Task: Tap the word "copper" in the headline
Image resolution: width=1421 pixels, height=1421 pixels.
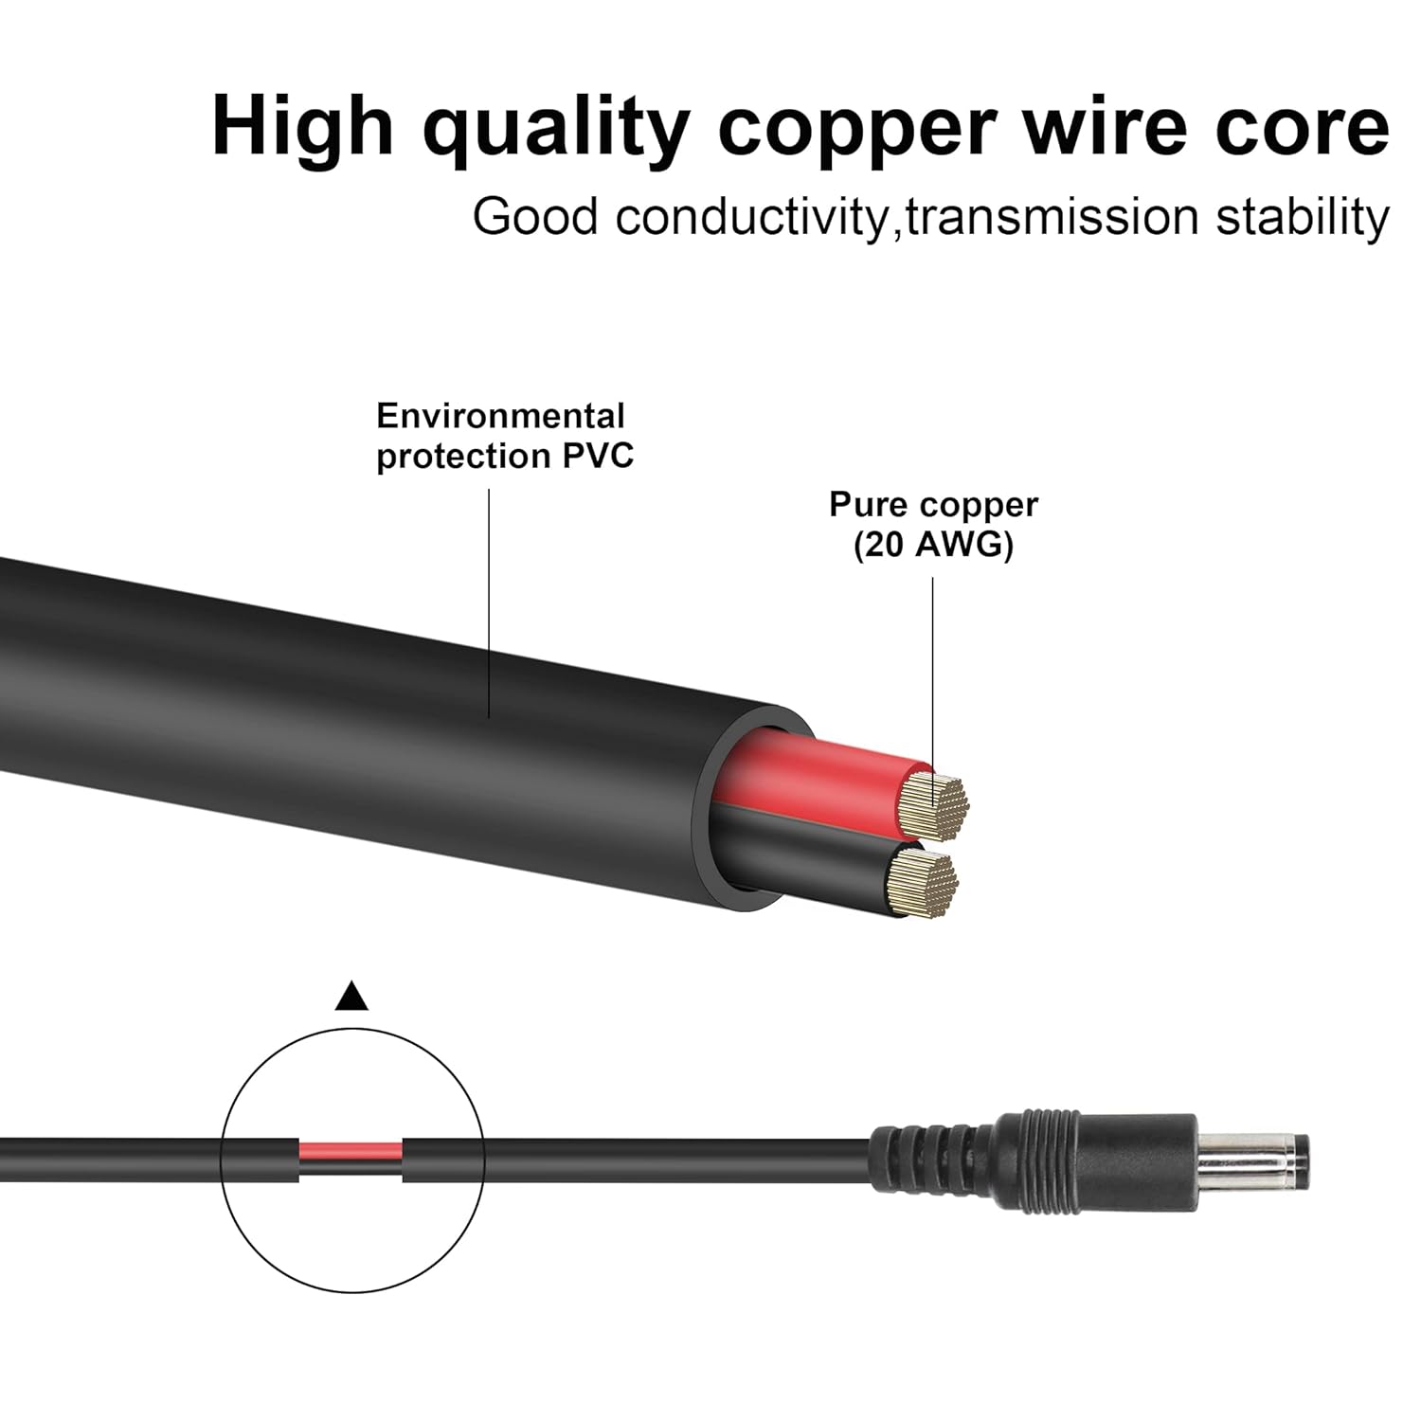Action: (x=857, y=131)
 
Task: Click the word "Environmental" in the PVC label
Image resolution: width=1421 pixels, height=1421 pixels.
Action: (x=500, y=416)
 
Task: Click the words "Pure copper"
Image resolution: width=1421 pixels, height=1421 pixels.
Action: (x=933, y=504)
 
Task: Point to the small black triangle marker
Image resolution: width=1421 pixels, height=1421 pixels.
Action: (x=351, y=997)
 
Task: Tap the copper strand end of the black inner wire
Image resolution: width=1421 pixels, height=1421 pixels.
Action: (x=926, y=883)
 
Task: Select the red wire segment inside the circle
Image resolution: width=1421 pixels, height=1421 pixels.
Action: (x=351, y=1153)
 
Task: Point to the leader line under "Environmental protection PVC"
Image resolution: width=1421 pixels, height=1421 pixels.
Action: (x=489, y=616)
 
